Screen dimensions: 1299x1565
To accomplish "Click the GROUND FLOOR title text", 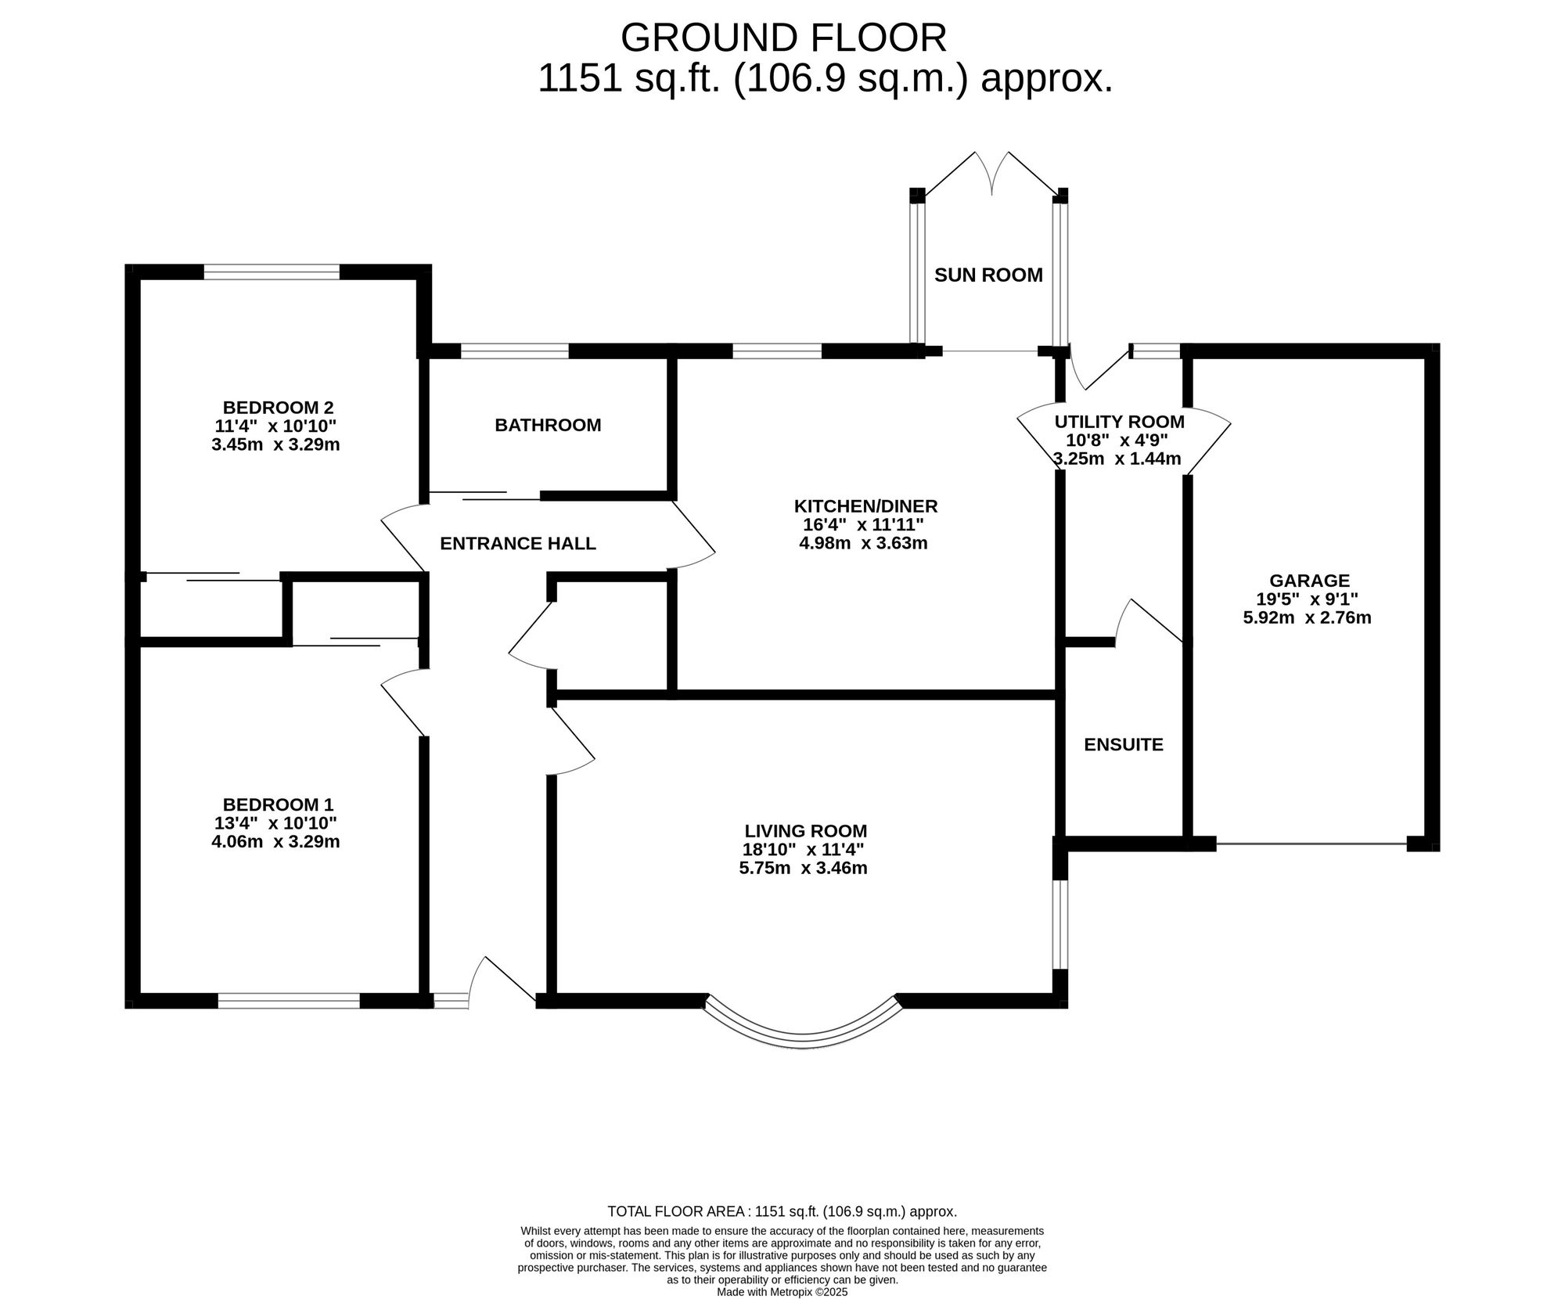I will click(783, 38).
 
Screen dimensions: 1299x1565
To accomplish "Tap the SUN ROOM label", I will click(988, 275).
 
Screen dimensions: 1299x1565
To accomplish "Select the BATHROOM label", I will click(548, 425).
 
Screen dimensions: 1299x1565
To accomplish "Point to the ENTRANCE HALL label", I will click(518, 543).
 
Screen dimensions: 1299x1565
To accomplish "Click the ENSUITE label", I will click(1123, 744).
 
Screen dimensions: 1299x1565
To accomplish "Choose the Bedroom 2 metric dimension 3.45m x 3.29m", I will click(275, 444).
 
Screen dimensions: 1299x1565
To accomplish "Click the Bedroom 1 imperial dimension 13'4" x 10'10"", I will click(275, 822).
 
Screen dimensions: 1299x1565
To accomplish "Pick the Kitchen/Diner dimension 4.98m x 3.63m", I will click(863, 542).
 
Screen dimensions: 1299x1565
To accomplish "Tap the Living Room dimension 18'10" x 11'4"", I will click(803, 849).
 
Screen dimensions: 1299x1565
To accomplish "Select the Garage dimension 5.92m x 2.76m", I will click(1307, 617).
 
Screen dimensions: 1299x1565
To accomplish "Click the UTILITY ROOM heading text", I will click(1119, 422).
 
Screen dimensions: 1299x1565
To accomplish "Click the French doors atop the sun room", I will click(991, 174).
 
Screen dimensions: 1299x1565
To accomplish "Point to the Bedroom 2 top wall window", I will click(272, 272).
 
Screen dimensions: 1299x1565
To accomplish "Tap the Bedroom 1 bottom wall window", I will click(288, 1000).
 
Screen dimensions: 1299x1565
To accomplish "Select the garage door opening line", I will click(1311, 844).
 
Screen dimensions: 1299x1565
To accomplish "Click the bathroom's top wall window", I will click(514, 351).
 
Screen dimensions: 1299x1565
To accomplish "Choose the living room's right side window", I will click(1060, 924).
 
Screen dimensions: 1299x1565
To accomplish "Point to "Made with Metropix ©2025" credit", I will click(782, 1292).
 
